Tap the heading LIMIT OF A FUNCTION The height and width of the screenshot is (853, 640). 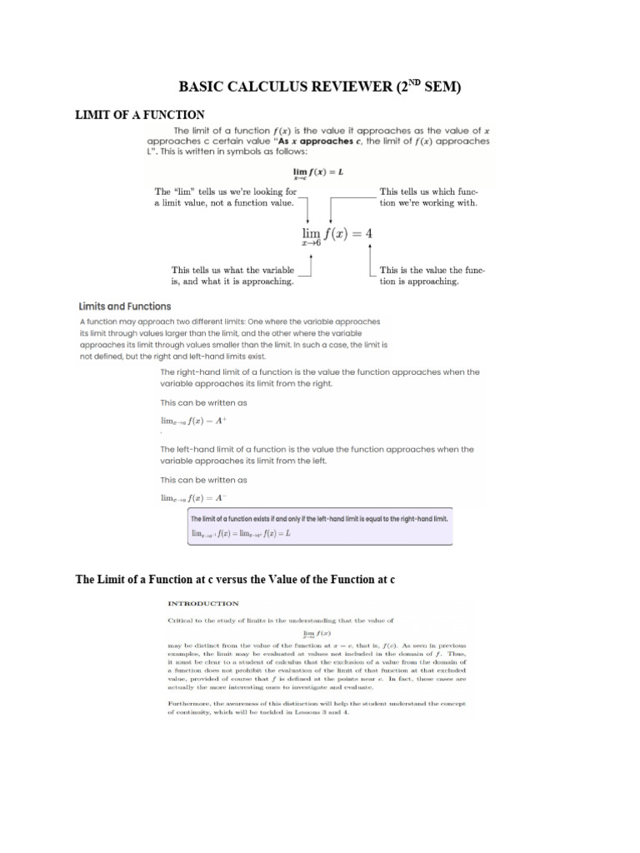tap(140, 114)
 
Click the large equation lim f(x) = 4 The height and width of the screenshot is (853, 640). tap(337, 234)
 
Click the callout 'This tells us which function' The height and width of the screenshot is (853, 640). tap(428, 197)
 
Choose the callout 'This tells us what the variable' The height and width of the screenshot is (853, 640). tap(232, 276)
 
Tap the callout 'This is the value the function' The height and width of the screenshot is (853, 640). tap(432, 276)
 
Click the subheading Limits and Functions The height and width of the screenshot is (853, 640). tap(125, 307)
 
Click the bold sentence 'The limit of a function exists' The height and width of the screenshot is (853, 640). tap(320, 518)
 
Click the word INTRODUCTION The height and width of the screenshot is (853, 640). tap(203, 603)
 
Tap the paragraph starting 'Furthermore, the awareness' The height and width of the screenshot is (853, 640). tap(317, 708)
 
